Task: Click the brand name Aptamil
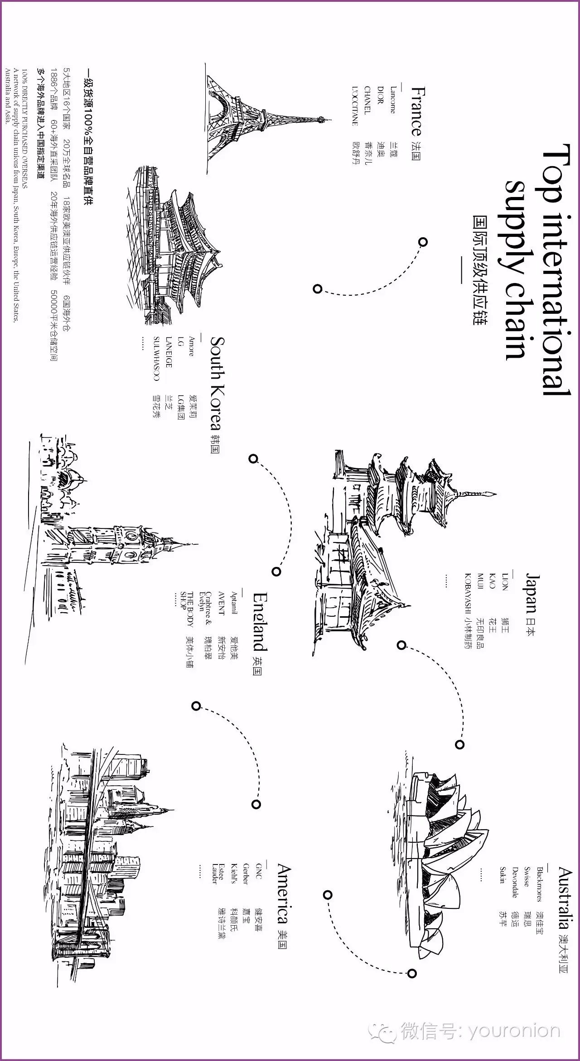pos(234,605)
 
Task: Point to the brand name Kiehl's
pos(234,876)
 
